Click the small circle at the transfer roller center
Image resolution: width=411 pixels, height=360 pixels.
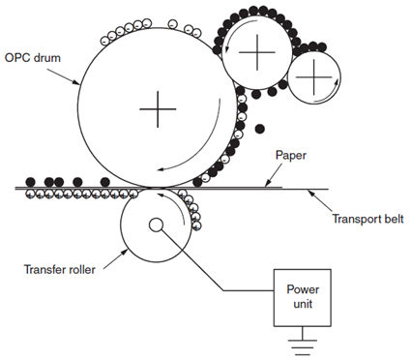click(156, 226)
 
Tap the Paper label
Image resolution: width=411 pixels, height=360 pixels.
click(291, 154)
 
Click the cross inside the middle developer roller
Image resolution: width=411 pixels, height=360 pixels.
click(256, 53)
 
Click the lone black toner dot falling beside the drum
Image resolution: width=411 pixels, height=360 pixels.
click(259, 129)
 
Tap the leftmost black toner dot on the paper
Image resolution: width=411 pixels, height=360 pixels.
click(30, 182)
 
